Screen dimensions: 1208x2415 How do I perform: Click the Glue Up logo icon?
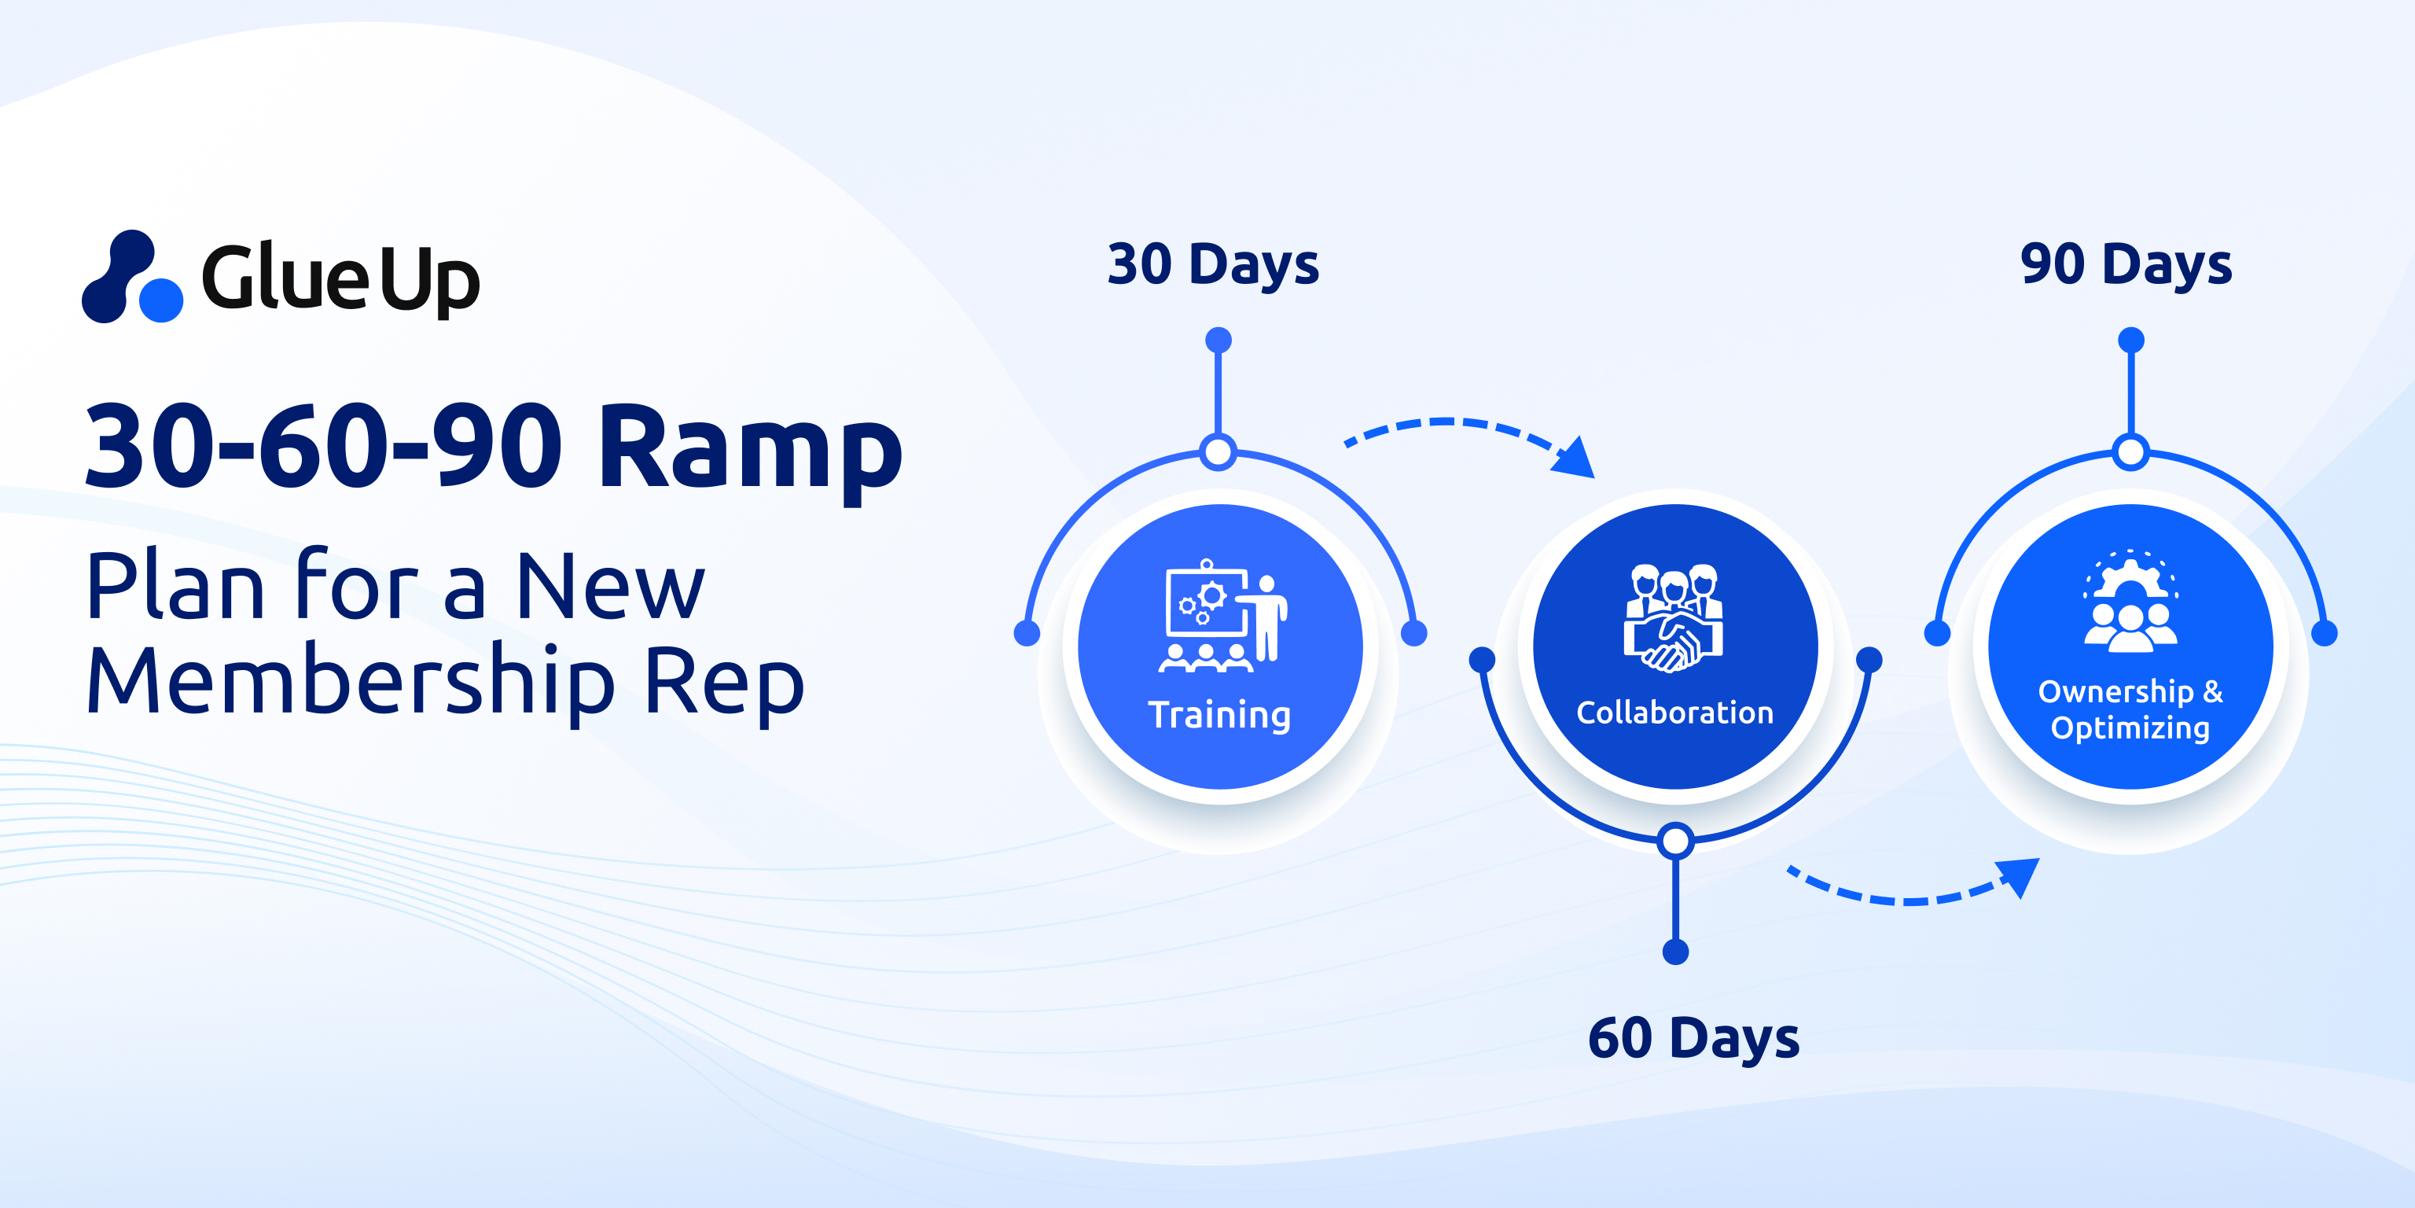click(132, 278)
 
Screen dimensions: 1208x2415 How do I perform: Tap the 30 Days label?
click(1213, 264)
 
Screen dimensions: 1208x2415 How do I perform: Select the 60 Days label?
click(1693, 1038)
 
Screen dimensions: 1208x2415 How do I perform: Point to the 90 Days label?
click(2126, 264)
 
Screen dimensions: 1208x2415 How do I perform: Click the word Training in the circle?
click(1220, 715)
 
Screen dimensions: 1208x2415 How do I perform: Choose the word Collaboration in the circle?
click(1675, 713)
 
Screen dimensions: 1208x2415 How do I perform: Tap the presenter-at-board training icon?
click(1222, 617)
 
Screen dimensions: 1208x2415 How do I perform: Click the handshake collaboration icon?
click(1674, 618)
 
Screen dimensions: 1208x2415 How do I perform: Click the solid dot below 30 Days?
click(1218, 340)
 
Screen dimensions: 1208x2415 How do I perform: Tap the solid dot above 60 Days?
click(1675, 952)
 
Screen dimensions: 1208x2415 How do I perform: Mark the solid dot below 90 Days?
click(2131, 340)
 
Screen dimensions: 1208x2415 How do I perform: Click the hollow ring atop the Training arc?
click(1218, 452)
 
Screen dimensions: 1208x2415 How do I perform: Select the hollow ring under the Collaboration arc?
click(1675, 841)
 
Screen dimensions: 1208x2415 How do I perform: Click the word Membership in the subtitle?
click(351, 683)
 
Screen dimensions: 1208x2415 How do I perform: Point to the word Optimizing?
click(2130, 727)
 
